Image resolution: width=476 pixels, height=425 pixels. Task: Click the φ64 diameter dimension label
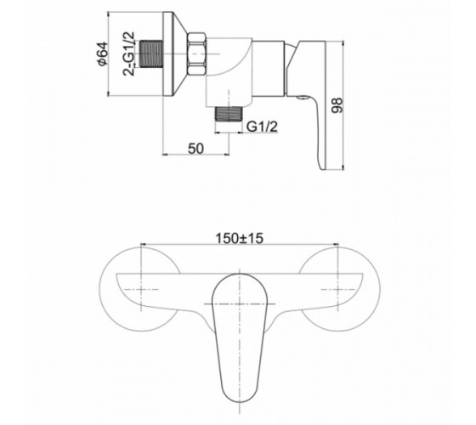103,54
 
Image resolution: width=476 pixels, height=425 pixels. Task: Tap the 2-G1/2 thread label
128,54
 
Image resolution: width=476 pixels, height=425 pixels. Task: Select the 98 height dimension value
337,105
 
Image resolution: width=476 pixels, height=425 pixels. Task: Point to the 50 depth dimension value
195,149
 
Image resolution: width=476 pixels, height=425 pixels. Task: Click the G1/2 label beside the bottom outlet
262,127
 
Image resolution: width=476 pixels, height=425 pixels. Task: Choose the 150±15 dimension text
239,238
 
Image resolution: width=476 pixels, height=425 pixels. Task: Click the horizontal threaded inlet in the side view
151,54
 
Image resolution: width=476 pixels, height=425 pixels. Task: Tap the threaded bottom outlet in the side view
229,114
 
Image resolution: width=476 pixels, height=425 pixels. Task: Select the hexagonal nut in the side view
196,54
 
